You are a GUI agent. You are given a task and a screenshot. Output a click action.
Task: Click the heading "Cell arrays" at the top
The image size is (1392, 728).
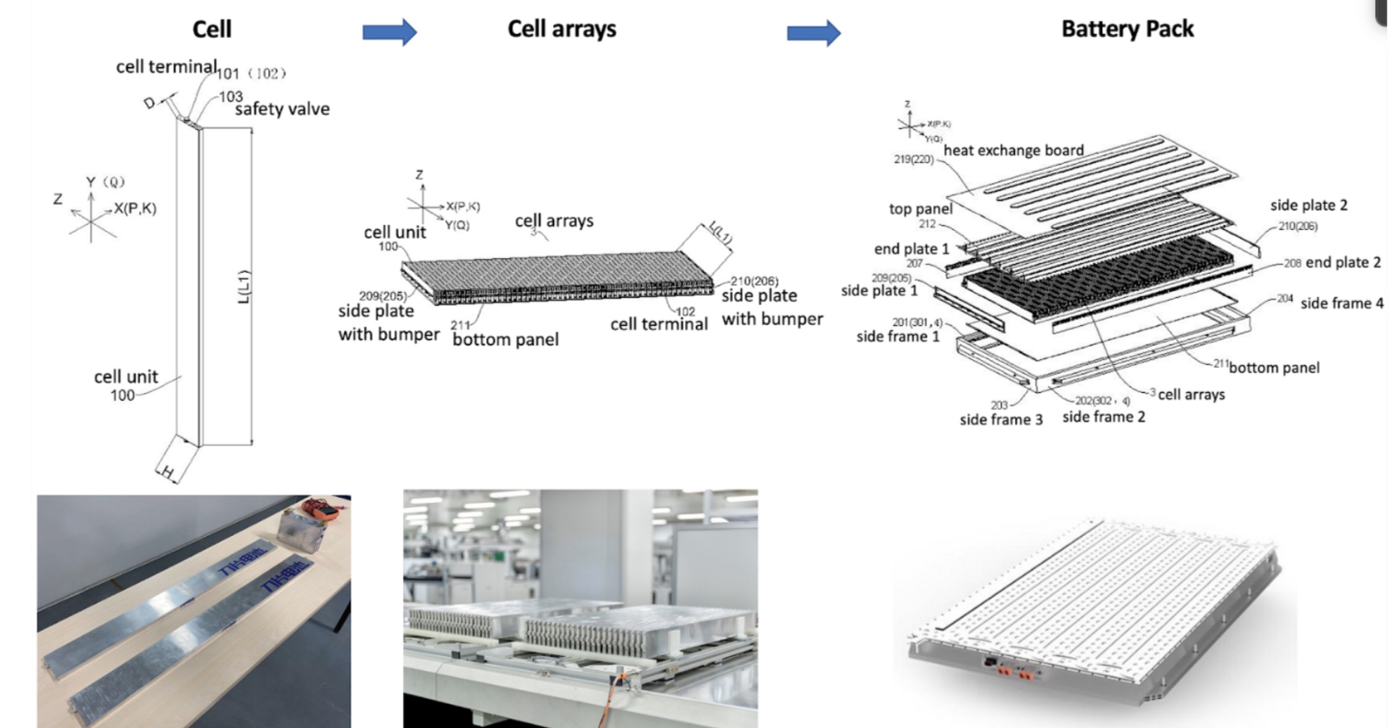[x=561, y=29]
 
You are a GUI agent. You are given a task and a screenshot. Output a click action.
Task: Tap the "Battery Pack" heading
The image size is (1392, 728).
[x=1127, y=29]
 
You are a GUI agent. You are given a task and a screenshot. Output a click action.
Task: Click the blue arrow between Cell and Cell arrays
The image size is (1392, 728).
[x=389, y=32]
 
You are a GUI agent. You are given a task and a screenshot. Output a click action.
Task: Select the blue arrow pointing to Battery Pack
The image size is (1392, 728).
[x=813, y=33]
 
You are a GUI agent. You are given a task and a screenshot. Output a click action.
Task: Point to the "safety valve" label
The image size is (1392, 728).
[x=282, y=109]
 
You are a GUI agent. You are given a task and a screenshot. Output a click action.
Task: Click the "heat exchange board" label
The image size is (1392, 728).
[x=1013, y=150]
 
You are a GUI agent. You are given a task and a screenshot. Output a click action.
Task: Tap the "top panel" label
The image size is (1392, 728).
[x=920, y=209]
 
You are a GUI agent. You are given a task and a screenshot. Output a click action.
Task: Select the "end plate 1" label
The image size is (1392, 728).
[x=912, y=249]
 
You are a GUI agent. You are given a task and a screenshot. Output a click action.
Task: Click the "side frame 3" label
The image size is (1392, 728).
[x=1000, y=420]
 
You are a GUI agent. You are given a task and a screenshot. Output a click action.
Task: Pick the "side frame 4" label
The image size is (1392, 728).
[x=1341, y=303]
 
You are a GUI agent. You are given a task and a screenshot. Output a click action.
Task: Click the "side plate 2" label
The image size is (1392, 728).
[x=1308, y=205]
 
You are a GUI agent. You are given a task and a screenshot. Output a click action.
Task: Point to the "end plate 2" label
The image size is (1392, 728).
[x=1343, y=262]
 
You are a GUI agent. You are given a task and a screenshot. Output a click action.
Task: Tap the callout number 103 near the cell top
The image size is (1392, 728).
[x=231, y=96]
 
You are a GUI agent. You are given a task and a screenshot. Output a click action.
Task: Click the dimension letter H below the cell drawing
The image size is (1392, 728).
[x=167, y=472]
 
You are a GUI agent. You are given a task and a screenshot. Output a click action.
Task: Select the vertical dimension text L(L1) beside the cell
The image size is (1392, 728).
[x=244, y=287]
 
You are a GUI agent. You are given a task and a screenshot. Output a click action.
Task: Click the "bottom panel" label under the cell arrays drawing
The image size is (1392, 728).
[x=505, y=340]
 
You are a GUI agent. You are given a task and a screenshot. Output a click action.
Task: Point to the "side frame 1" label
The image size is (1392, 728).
[x=898, y=337]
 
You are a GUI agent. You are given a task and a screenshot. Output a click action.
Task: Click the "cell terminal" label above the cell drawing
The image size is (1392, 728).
[x=166, y=67]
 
